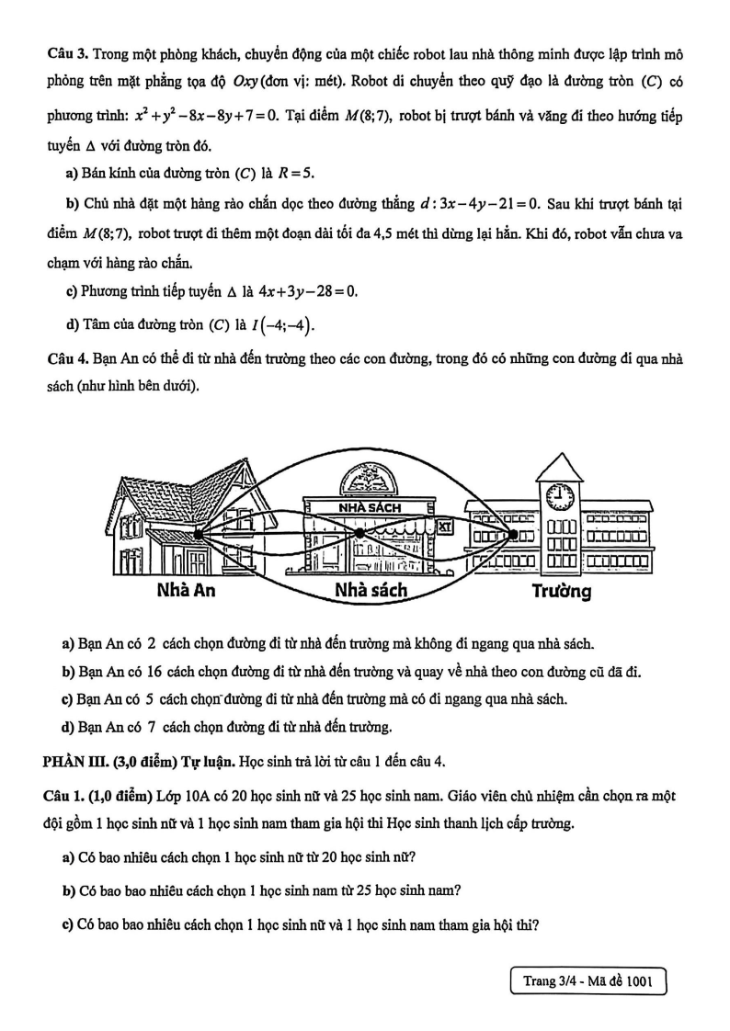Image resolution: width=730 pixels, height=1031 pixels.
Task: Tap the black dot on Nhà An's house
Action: click(198, 533)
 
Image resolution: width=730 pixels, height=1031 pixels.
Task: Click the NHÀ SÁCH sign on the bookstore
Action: click(370, 506)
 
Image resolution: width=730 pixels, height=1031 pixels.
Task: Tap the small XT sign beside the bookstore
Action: click(445, 527)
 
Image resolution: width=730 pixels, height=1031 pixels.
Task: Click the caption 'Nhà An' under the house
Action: click(185, 591)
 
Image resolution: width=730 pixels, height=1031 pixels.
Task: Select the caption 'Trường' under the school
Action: click(562, 592)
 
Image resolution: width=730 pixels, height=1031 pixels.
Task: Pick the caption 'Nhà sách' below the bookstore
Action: click(371, 591)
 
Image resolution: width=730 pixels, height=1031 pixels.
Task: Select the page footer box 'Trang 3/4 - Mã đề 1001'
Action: click(587, 981)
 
